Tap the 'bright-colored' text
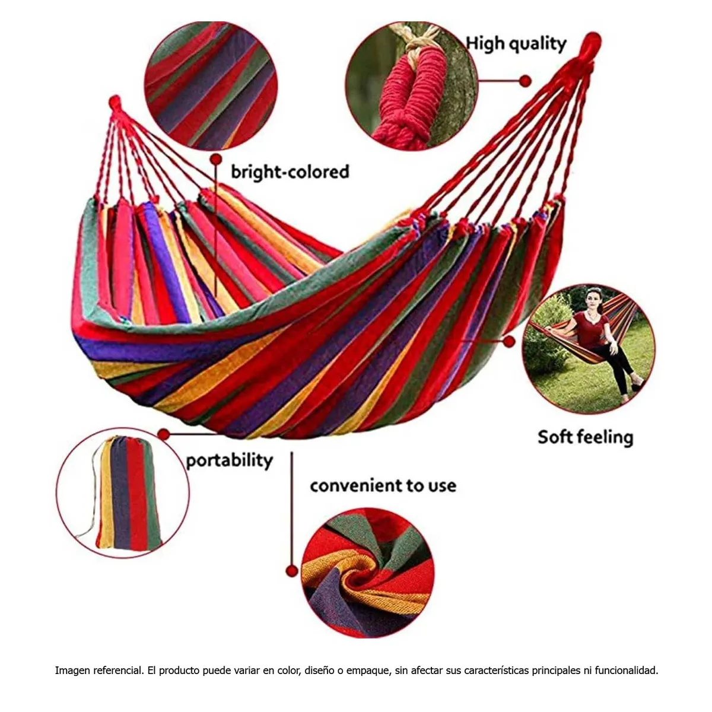pos(290,172)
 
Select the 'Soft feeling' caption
pos(585,437)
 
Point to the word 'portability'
pos(229,461)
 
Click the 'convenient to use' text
pos(383,485)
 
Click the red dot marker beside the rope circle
pos(525,81)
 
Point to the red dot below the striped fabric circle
pos(216,159)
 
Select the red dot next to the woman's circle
pos(509,342)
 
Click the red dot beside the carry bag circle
pos(164,434)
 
